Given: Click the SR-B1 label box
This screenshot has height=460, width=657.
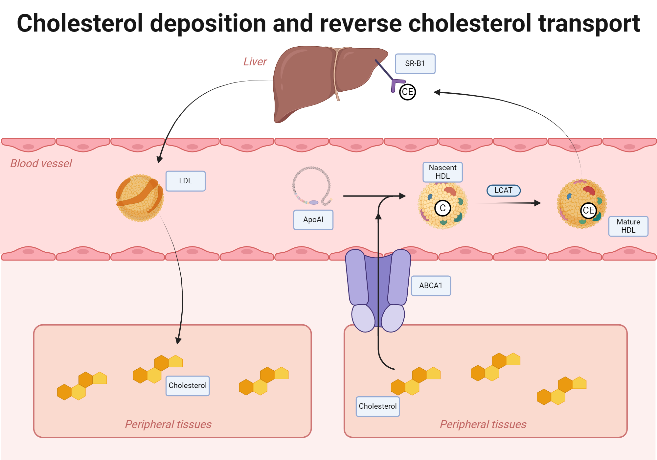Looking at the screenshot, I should pos(415,64).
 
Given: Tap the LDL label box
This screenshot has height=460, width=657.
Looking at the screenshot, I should pos(185,181).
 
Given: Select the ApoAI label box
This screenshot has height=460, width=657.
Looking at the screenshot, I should pos(313,220).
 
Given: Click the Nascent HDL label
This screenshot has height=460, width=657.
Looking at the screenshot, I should pos(442,172).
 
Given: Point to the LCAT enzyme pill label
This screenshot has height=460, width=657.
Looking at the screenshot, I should pos(503,191).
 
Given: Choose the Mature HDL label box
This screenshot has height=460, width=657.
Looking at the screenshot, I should pos(628,226).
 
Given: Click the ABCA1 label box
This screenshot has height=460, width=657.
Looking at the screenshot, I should pos(431,286).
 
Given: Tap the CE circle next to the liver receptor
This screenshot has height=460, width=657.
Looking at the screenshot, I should pos(407,92).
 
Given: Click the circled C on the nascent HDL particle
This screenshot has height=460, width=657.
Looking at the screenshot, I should pos(442,208).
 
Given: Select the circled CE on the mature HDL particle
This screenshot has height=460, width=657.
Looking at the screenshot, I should pos(588,210).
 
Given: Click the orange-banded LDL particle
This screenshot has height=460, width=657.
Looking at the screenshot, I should pos(140,198).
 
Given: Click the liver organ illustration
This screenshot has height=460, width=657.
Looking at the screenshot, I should pos(312,79).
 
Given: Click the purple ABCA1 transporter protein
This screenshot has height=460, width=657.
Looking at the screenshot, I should pos(378,289).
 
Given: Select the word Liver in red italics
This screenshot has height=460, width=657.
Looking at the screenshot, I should pos(255,62).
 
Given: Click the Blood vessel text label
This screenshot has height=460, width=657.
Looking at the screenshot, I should pos(41,163).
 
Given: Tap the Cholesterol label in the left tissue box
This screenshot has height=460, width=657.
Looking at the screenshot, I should pos(187,386).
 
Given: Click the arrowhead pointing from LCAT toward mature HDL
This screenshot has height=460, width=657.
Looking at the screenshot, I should pos(537,203).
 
